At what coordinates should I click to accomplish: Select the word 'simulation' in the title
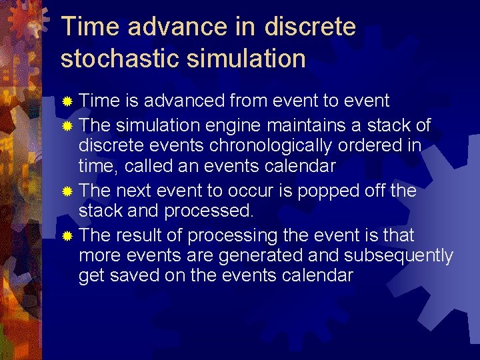(246, 58)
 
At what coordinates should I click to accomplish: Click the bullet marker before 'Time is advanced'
(66, 101)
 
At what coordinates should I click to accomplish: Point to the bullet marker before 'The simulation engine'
(66, 125)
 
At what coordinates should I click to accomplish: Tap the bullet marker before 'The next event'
(66, 191)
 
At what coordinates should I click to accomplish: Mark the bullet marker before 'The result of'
(66, 236)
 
